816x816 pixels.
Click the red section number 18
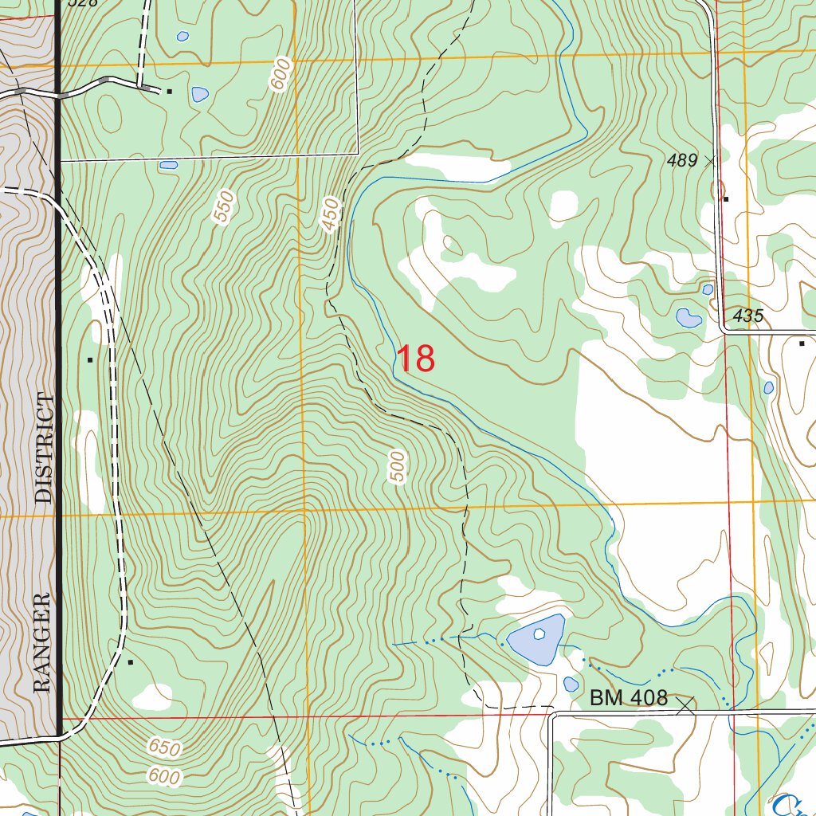pyautogui.click(x=415, y=359)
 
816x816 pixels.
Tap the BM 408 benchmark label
pyautogui.click(x=629, y=699)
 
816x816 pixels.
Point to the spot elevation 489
pyautogui.click(x=682, y=161)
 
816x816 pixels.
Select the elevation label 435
pyautogui.click(x=748, y=316)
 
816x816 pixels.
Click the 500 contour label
pyautogui.click(x=398, y=467)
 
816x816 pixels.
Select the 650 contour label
pyautogui.click(x=164, y=747)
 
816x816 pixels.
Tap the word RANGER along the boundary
pyautogui.click(x=42, y=642)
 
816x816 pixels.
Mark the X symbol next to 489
pyautogui.click(x=710, y=161)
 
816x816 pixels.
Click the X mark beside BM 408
pyautogui.click(x=685, y=704)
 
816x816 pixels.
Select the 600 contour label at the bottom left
pyautogui.click(x=164, y=776)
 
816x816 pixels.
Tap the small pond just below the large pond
pyautogui.click(x=571, y=685)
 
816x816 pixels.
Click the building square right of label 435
pyautogui.click(x=802, y=343)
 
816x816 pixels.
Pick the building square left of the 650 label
pyautogui.click(x=130, y=661)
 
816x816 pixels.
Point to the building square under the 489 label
pyautogui.click(x=726, y=199)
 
